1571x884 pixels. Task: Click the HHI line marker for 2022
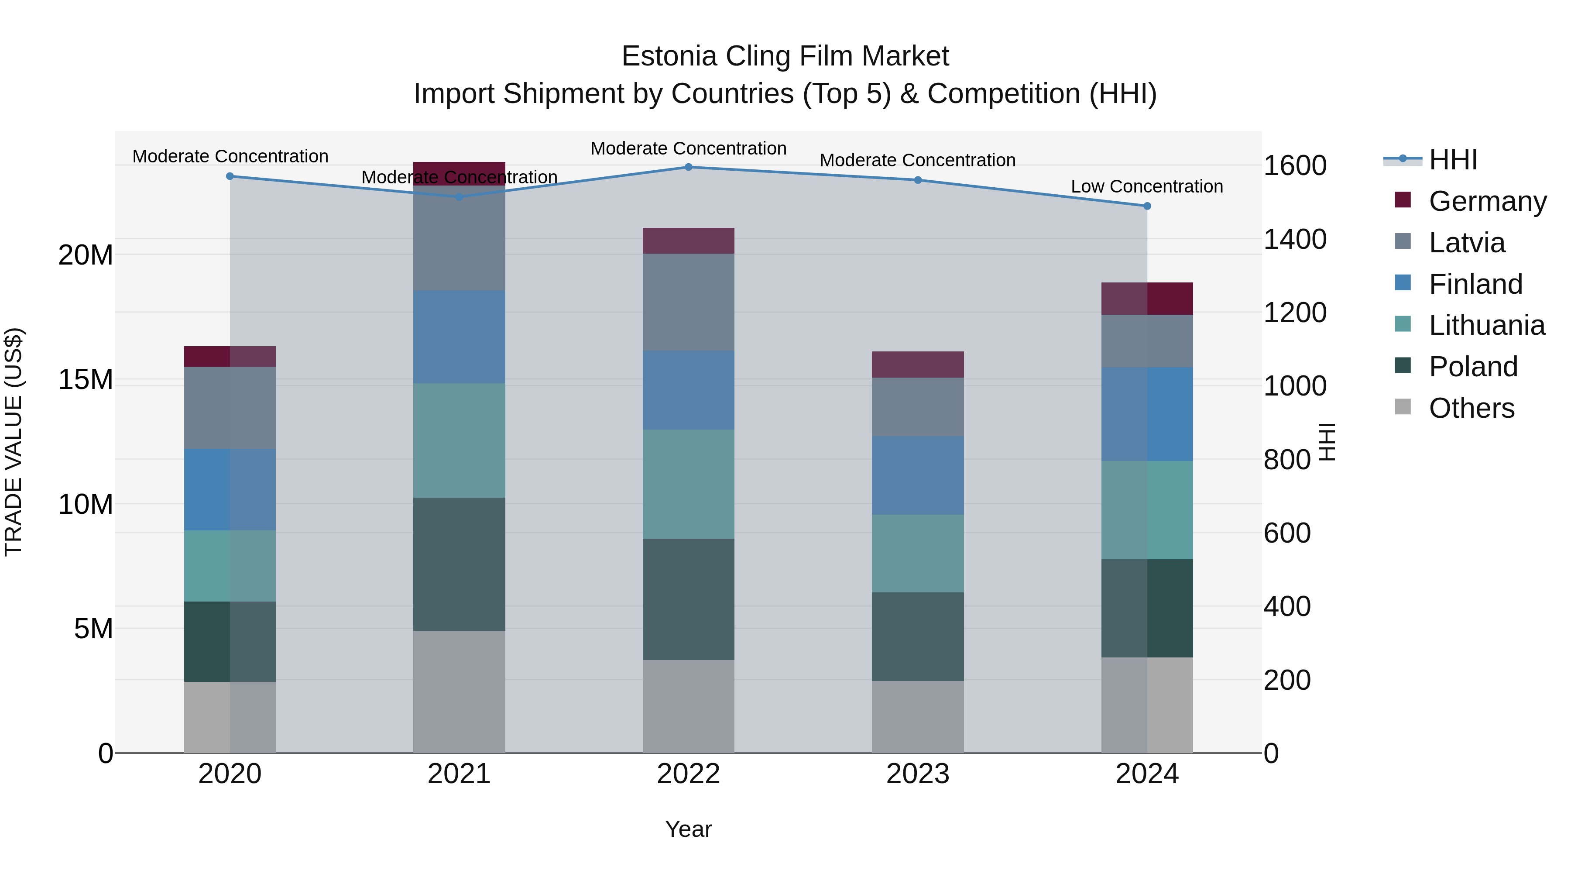(x=689, y=167)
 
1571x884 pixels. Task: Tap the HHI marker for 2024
(x=1147, y=206)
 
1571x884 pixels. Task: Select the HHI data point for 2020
(x=230, y=176)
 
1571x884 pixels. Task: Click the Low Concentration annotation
(x=1146, y=187)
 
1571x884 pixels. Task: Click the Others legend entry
(x=1471, y=408)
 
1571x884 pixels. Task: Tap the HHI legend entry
(x=1453, y=160)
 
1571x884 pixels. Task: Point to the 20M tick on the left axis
(x=86, y=255)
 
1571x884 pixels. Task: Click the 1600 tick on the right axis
(x=1295, y=166)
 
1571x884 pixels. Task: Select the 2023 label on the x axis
(x=917, y=774)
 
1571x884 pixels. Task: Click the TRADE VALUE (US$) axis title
(x=14, y=442)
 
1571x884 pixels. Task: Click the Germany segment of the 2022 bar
(x=689, y=241)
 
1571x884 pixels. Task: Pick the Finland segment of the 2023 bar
(x=917, y=475)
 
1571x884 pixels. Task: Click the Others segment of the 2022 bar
(x=689, y=706)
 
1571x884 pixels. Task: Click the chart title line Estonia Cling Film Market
(x=785, y=57)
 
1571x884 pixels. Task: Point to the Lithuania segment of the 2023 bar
(x=917, y=554)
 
